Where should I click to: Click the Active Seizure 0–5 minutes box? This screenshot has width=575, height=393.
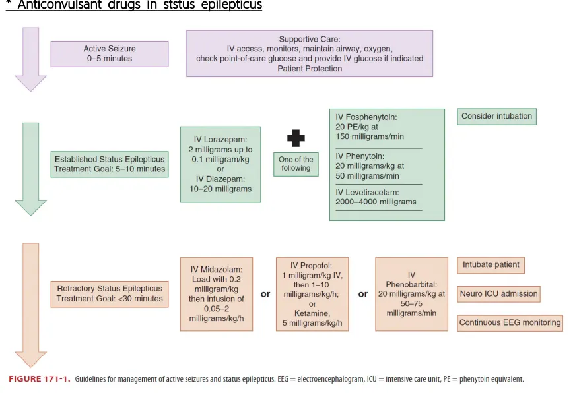point(109,53)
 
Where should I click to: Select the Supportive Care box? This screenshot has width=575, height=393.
point(309,53)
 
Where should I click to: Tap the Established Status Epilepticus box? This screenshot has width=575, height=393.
point(110,164)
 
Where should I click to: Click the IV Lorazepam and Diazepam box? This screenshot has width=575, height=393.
point(220,164)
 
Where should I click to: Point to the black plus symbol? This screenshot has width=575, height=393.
point(295,138)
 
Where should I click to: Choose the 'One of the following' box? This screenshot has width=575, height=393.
point(296,164)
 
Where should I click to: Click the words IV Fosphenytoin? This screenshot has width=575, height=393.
point(366,117)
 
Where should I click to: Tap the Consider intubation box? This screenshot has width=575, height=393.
point(496,117)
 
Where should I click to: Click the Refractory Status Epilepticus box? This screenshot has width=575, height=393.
point(110,293)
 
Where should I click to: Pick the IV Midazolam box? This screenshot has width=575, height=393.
point(216,293)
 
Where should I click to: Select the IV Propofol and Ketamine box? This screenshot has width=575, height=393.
point(312,293)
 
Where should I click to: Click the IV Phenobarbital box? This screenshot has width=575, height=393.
point(411,293)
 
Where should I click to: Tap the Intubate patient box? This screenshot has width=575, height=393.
point(490,265)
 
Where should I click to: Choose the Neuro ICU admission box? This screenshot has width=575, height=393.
point(498,294)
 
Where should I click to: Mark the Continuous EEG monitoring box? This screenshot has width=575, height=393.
point(510,323)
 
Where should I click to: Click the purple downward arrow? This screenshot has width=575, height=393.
point(30,59)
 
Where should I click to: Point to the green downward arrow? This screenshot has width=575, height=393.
point(30,168)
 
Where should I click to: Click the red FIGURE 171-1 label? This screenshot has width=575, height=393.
point(39,379)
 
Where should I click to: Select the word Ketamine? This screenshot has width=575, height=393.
point(312,313)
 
